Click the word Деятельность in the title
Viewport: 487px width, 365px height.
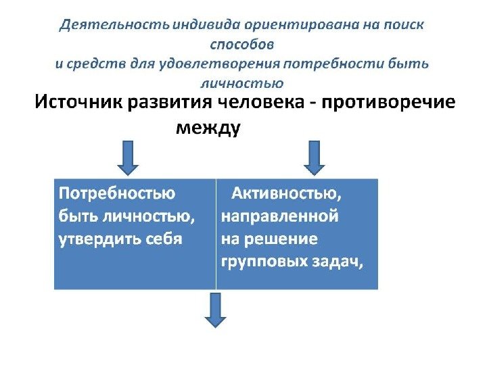pos(113,26)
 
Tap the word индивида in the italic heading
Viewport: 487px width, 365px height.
pos(198,26)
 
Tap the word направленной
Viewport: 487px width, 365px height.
pos(279,217)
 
